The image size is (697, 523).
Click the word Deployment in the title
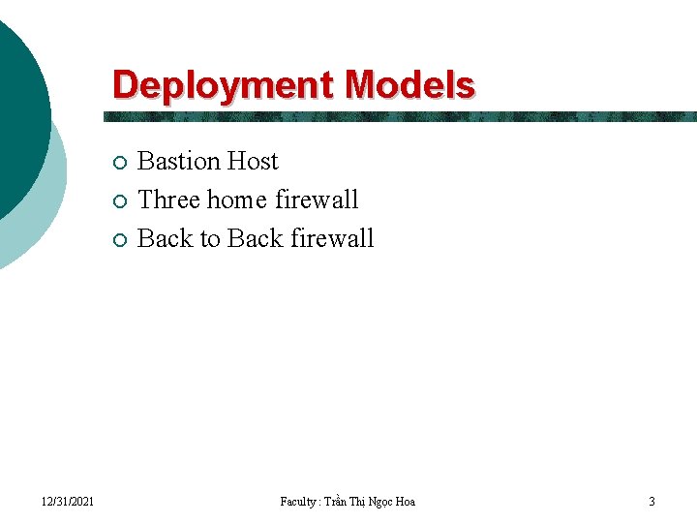tap(226, 85)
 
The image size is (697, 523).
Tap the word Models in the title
tap(410, 85)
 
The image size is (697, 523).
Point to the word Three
tap(169, 200)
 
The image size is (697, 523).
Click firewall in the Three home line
tap(317, 200)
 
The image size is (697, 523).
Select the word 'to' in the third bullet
tap(210, 238)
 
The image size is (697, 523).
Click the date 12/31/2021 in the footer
tap(68, 501)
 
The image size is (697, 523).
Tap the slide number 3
tap(652, 501)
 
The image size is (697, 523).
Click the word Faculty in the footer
tap(297, 501)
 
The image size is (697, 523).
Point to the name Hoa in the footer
tap(405, 501)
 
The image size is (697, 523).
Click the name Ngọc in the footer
tap(379, 501)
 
